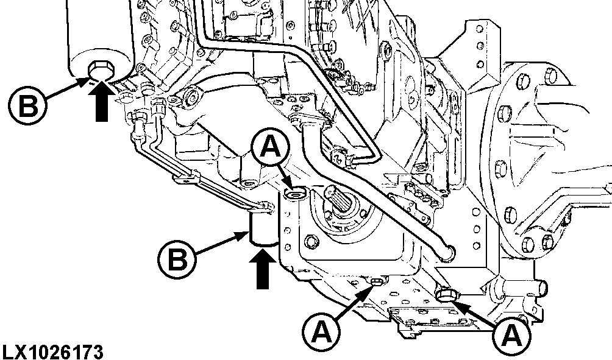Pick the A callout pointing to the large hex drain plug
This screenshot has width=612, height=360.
tap(512, 334)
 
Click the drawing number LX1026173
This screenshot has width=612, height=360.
tap(52, 351)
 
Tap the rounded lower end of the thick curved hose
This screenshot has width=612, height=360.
tap(449, 250)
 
